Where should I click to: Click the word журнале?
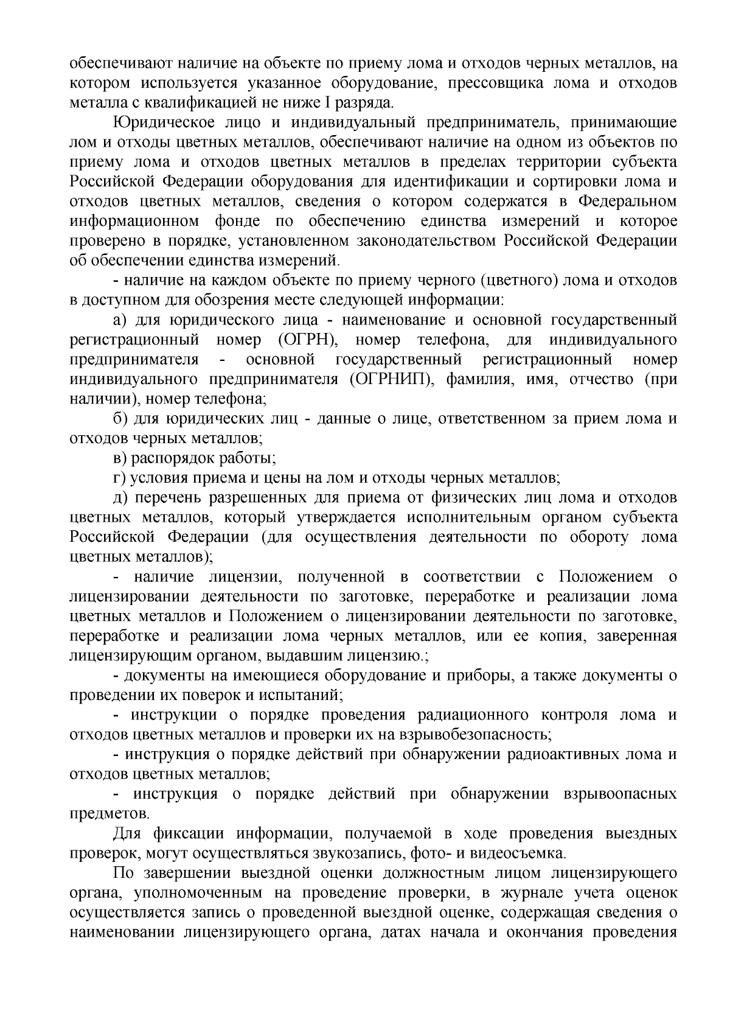[551, 893]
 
